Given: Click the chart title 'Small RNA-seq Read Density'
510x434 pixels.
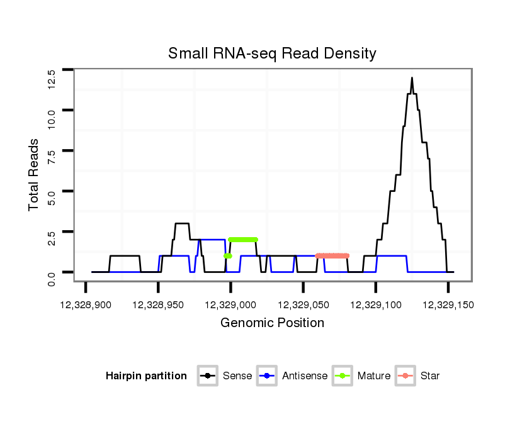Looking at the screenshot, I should (272, 53).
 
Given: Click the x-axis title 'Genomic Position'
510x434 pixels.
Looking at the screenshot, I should (272, 323).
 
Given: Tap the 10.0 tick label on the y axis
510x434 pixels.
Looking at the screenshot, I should (52, 119).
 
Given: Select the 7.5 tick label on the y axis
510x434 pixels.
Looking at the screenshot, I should (52, 159).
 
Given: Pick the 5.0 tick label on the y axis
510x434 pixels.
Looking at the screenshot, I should (52, 199).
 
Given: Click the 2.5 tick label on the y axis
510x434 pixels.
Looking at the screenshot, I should (52, 240).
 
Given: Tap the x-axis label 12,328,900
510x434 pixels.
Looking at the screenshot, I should (86, 305).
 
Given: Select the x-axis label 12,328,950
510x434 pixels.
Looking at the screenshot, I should (158, 305).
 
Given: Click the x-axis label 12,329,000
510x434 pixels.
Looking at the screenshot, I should (230, 305).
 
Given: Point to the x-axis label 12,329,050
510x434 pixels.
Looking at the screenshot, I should (303, 305).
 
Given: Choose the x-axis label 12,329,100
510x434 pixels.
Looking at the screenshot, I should (376, 305).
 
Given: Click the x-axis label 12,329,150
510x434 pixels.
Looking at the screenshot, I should (448, 305).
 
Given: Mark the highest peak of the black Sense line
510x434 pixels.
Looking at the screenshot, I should (412, 78).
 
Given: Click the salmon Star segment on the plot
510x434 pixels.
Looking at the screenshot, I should (332, 255).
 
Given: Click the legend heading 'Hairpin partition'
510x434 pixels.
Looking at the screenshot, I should (146, 376).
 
